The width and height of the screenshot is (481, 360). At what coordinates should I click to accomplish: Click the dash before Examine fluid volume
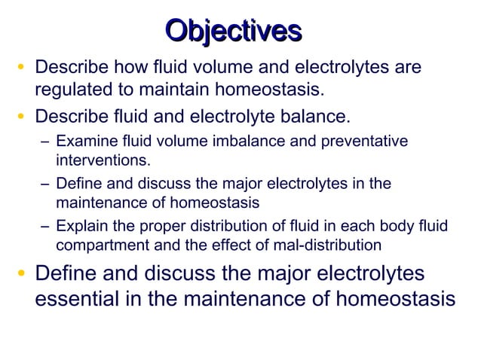click(45, 142)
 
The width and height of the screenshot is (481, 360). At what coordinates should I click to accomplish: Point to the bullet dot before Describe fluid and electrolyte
click(23, 117)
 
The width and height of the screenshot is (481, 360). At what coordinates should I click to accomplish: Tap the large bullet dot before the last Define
click(23, 273)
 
